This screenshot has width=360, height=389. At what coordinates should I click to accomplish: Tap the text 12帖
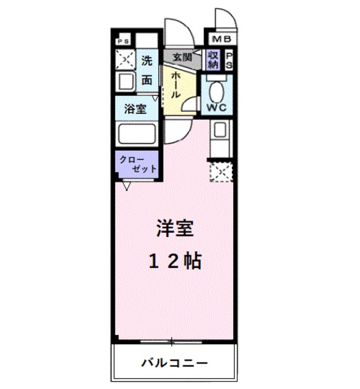coord(175,261)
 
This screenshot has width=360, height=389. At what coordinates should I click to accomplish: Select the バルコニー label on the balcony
coord(175,363)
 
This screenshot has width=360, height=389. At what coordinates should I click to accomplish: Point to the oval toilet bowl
coord(216,91)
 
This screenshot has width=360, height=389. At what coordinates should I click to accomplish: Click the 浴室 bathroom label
coord(135,109)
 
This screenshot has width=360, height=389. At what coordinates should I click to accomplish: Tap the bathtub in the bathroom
coord(137,134)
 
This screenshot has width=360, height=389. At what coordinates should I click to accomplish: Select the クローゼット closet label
coord(138,165)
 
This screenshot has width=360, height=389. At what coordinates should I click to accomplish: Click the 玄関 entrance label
coord(180,57)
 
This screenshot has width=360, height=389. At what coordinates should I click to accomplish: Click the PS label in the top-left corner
coord(124,41)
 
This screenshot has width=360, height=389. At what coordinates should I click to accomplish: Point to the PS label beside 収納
coord(229,59)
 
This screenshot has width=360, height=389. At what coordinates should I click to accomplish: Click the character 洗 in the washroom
coord(146,61)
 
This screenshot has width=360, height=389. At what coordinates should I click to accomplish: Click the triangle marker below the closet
coord(126,186)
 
